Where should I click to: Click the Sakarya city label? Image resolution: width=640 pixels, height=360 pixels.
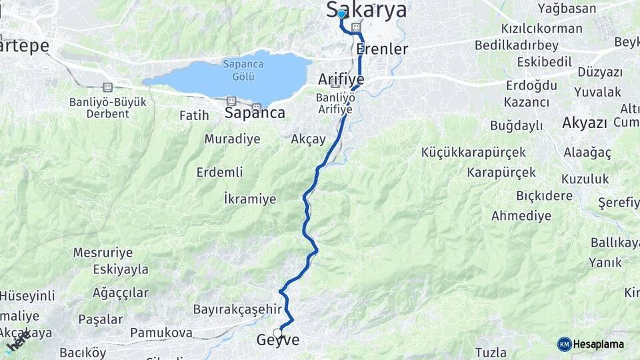point(367,10)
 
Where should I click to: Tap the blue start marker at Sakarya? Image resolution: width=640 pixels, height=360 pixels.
point(341,14)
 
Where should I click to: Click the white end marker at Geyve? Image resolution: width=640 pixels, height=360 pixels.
point(277,333)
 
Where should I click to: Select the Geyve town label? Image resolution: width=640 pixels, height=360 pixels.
point(278,341)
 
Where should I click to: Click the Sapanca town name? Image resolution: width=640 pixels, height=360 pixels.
point(255,113)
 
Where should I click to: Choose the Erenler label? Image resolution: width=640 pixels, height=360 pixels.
point(382,49)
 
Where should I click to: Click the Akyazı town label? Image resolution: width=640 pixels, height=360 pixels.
point(585,123)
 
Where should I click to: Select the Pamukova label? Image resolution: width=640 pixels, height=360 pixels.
point(161,332)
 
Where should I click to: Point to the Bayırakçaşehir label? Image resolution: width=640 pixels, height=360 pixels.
point(237,309)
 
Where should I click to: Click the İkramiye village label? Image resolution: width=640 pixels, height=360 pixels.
point(250,199)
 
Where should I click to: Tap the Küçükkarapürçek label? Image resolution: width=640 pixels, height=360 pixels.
point(473,153)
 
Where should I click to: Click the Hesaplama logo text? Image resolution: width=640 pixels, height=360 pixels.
point(598,345)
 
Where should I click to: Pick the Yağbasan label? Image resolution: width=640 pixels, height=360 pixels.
point(567,9)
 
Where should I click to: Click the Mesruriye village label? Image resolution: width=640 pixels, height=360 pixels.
point(103,253)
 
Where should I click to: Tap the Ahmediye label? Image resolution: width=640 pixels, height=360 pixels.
point(521,216)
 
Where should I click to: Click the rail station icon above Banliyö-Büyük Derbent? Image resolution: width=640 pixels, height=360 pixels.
point(107,87)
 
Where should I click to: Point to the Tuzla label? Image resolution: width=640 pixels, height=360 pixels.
point(491,353)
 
